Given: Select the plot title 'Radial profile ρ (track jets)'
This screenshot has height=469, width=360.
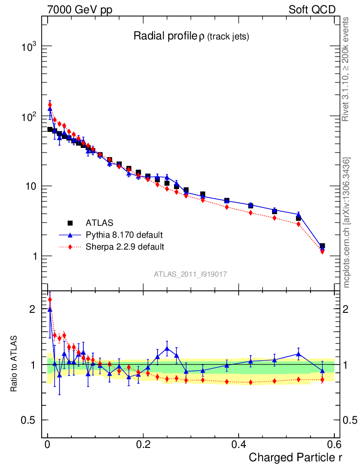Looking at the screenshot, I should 191,36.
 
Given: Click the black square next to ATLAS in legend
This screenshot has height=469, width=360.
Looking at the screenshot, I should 71,223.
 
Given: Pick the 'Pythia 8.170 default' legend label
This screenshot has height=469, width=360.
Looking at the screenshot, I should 125,235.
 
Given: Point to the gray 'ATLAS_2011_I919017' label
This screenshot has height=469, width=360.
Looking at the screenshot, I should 191,274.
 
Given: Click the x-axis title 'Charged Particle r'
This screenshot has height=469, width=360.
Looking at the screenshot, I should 295,457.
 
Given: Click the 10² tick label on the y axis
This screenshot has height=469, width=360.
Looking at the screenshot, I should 29,117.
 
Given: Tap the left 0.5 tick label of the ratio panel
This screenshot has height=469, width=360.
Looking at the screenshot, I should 29,420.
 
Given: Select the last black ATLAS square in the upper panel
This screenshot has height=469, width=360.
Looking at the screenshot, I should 322,246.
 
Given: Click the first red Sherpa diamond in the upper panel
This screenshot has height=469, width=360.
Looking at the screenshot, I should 50,105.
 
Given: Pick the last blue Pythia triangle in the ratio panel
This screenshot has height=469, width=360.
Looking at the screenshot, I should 322,371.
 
